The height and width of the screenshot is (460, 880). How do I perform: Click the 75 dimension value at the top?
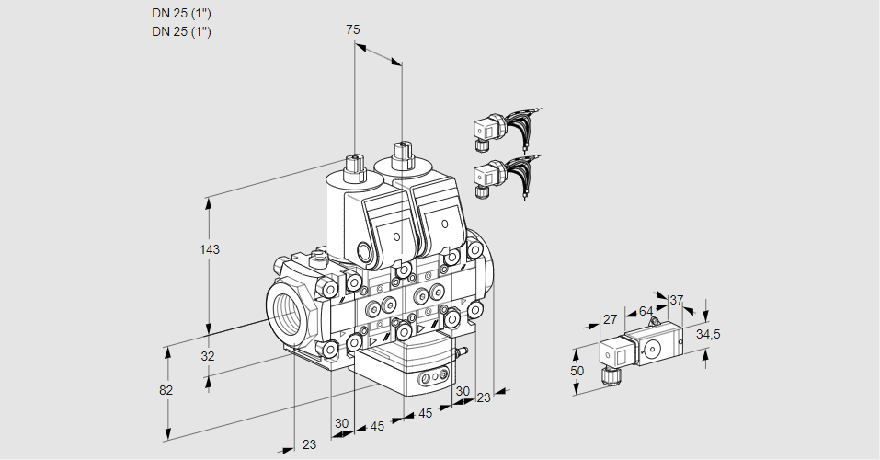coord(352,29)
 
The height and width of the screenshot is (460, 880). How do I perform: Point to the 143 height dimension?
coord(211,249)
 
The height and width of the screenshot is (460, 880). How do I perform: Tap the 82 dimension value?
coord(166,390)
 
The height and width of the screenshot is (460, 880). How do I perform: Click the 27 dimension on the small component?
coord(610,319)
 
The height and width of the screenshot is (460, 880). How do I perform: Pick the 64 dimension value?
coord(646,311)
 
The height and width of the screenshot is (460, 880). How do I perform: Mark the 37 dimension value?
coord(677,300)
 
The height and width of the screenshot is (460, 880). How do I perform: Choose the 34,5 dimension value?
coord(707,334)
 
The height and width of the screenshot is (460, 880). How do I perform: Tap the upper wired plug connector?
coord(487,131)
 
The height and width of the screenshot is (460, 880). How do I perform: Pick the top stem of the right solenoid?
coord(401,155)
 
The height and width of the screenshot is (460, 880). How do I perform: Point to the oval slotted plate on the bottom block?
coord(431,378)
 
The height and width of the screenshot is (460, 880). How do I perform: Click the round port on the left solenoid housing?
coord(367,251)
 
